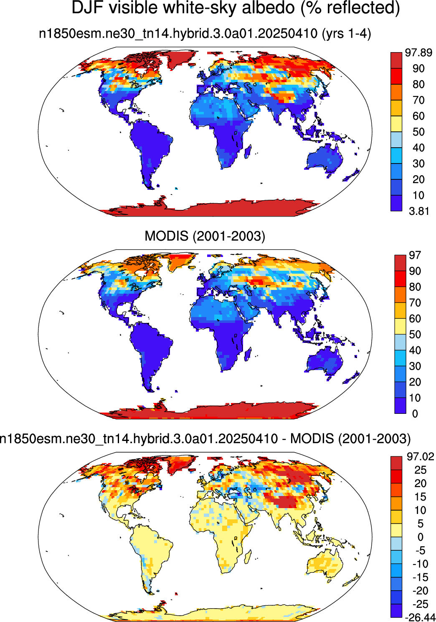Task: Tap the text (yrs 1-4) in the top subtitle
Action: (346, 34)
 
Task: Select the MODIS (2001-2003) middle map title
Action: (205, 236)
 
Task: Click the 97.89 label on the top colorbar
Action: (418, 53)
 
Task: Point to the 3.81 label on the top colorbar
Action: (419, 212)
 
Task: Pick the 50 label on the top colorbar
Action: (418, 132)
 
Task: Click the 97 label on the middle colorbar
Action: (415, 255)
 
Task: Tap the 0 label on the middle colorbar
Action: (415, 414)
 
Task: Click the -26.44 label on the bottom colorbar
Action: (420, 617)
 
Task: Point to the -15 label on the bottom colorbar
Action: (420, 577)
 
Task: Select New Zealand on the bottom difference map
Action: (352, 577)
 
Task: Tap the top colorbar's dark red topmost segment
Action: (396, 60)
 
